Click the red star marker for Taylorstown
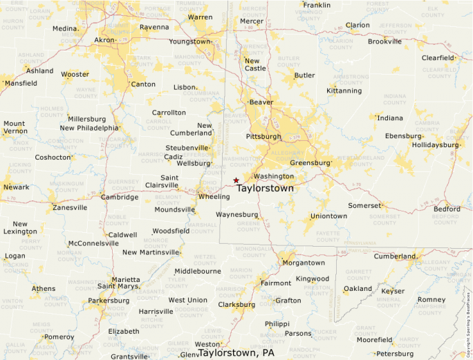[x=236, y=180]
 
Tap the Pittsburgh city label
[x=263, y=136]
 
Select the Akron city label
[x=104, y=40]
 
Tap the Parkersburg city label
[x=109, y=301]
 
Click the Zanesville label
[x=70, y=207]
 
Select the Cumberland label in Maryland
[x=396, y=256]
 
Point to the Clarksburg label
[x=236, y=304]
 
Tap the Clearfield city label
[x=438, y=58]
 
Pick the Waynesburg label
[x=236, y=215]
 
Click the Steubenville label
[x=187, y=148]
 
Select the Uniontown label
[x=328, y=216]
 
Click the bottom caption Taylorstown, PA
[x=236, y=352]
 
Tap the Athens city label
[x=44, y=288]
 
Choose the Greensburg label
[x=310, y=163]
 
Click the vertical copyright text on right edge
[x=468, y=317]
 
